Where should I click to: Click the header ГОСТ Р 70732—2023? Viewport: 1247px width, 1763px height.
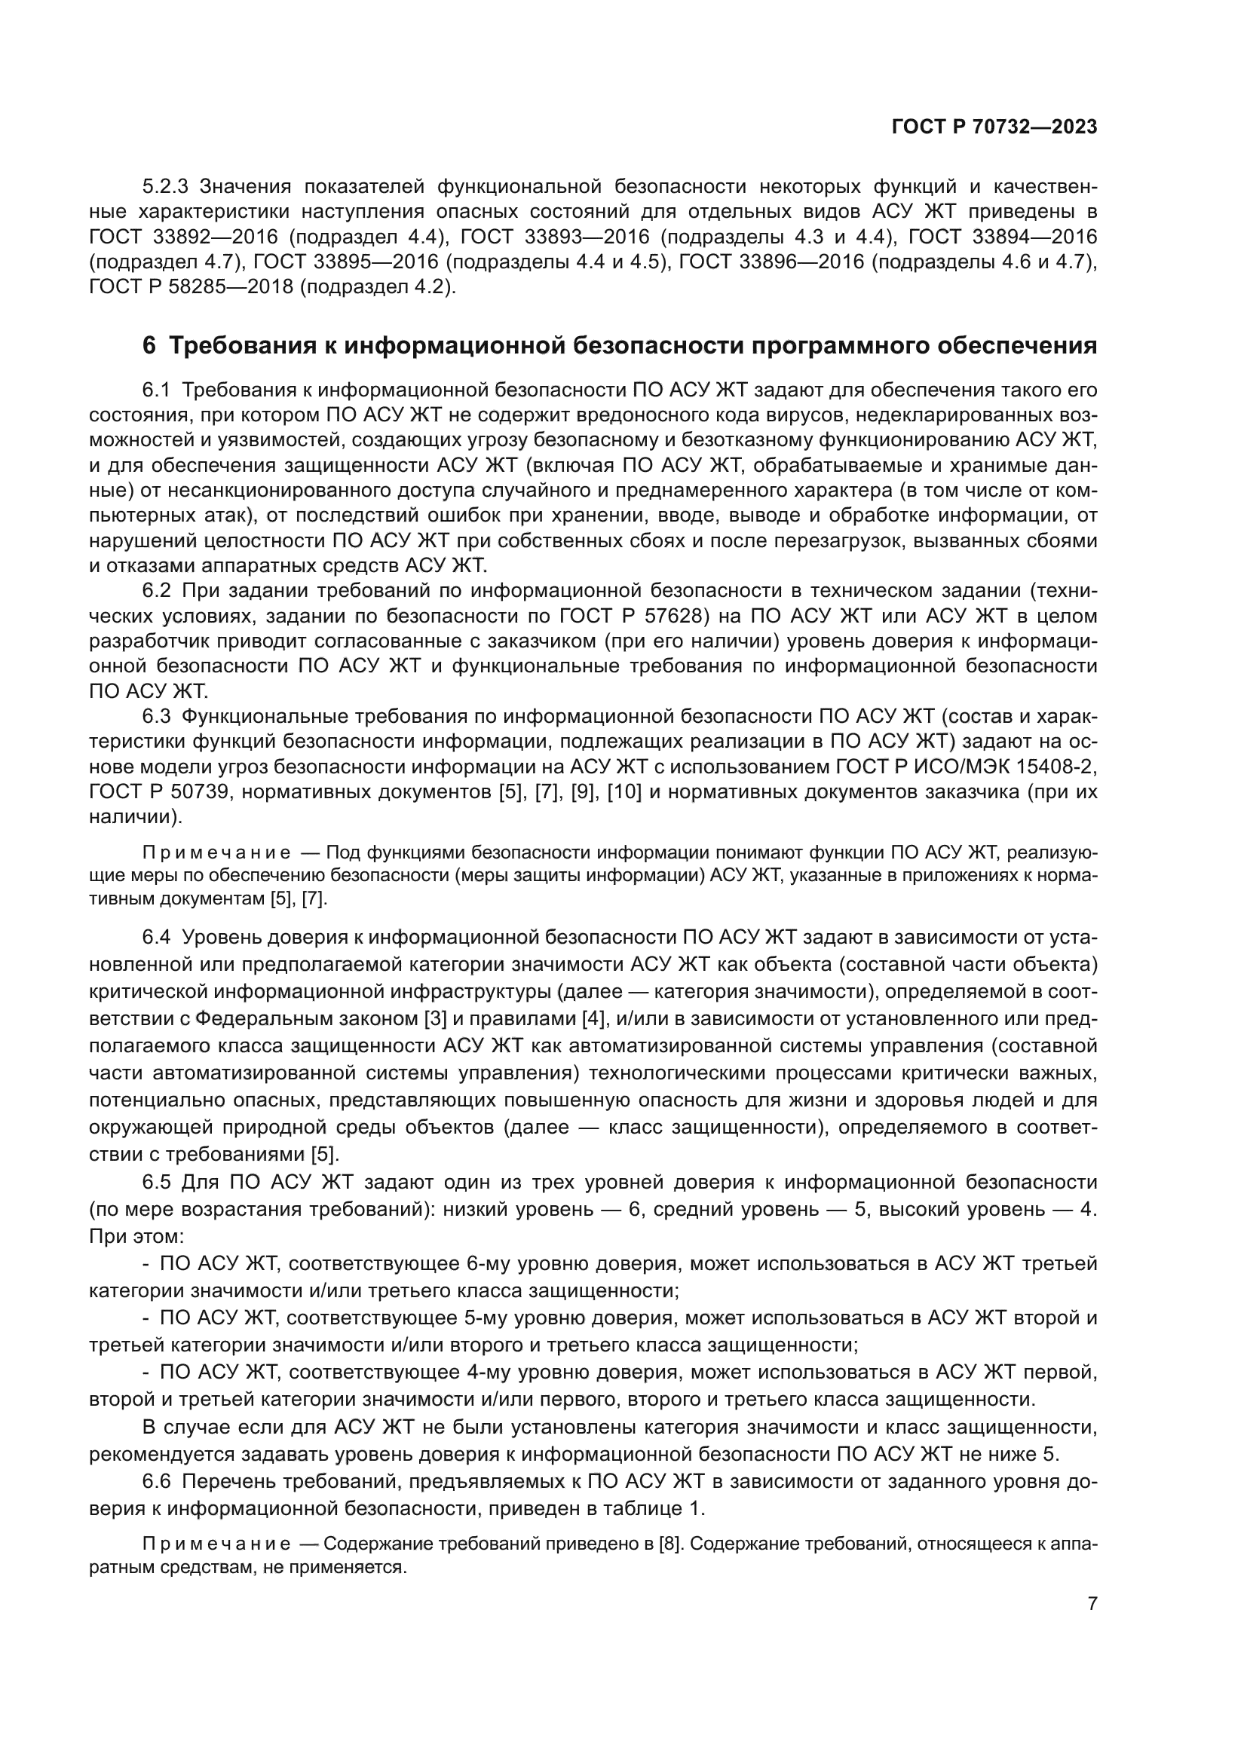pos(994,127)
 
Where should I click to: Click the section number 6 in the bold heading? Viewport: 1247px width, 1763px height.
pos(149,346)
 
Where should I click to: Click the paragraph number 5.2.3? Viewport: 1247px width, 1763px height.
pos(166,187)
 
